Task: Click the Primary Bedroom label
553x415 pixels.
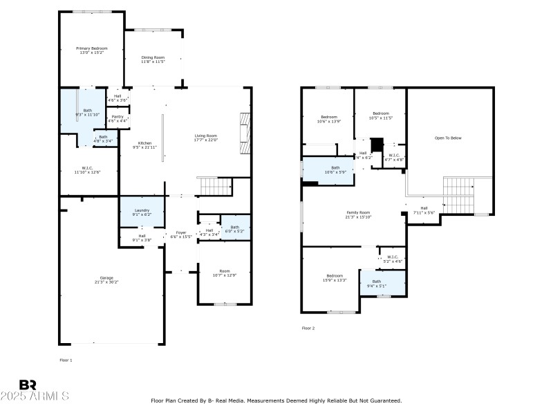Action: [91, 50]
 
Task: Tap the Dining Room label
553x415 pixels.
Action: [153, 59]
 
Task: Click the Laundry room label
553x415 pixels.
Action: [142, 212]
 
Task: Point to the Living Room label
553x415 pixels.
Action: [205, 138]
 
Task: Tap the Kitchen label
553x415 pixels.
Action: [144, 145]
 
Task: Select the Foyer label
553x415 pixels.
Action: [181, 234]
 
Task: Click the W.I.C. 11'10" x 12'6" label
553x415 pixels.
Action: [87, 169]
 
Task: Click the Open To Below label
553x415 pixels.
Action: [447, 138]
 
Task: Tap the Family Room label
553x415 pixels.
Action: [358, 214]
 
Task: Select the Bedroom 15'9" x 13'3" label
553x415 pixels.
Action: [334, 278]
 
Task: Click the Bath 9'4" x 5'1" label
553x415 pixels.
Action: [377, 283]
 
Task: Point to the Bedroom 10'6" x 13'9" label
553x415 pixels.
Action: [328, 119]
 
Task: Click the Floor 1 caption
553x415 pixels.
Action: [66, 360]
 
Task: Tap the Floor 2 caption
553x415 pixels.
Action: [308, 328]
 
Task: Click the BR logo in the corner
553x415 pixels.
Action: [28, 385]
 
